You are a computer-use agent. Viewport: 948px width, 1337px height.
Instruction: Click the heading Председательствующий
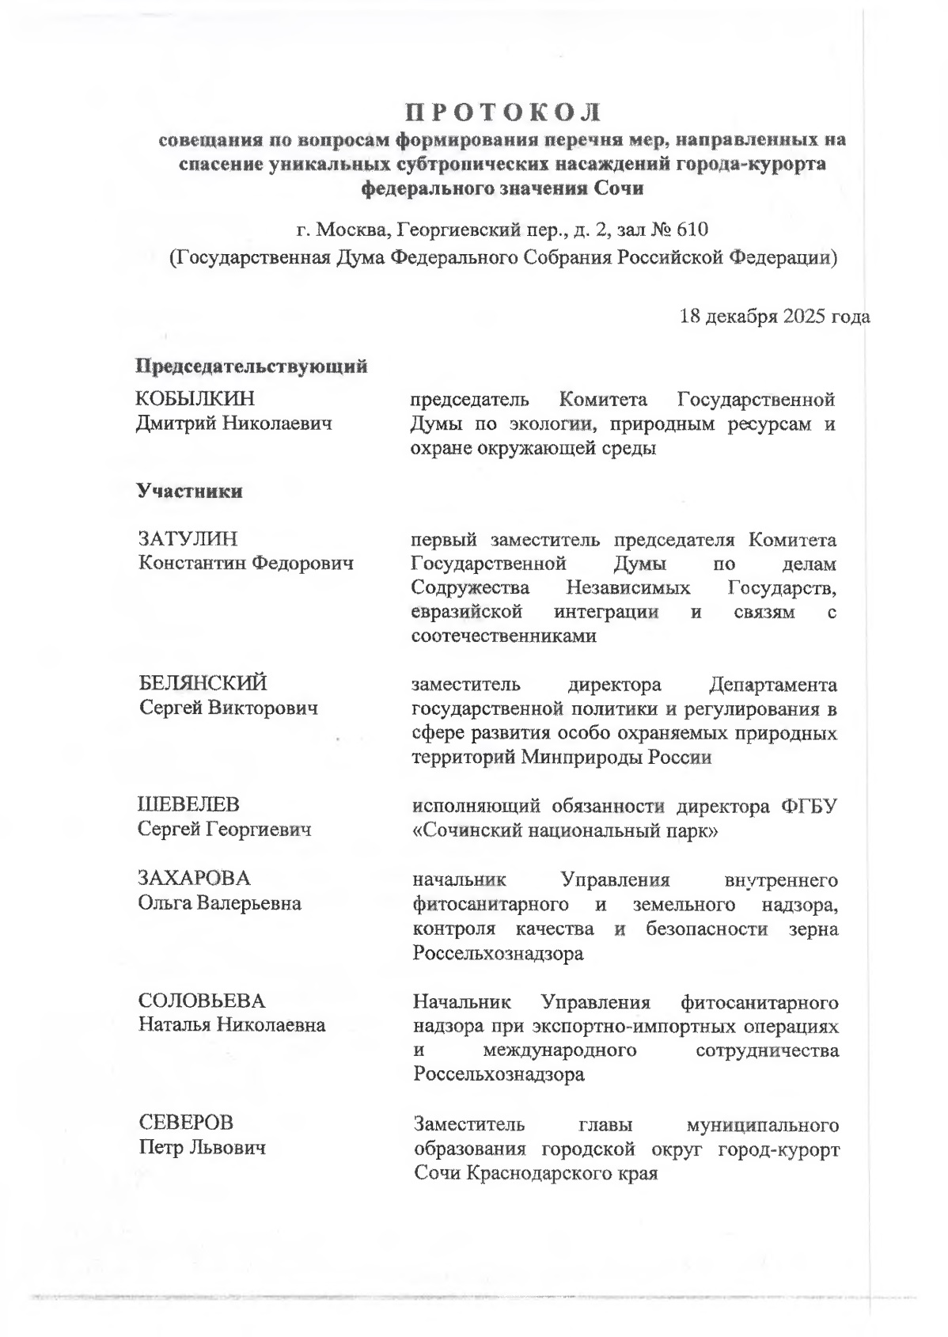coord(252,367)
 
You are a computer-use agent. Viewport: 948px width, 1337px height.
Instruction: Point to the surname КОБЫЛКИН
coord(196,398)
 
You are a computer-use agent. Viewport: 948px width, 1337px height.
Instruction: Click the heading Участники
coord(190,491)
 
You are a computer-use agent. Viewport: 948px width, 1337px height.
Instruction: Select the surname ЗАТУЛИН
coord(188,539)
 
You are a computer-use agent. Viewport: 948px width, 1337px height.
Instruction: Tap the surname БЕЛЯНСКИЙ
coord(203,682)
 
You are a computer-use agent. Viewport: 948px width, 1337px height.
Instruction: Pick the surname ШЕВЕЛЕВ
coord(188,804)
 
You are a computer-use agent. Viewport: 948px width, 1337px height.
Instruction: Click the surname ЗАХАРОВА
coord(194,878)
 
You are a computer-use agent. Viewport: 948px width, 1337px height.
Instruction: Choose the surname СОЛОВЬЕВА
coord(202,1001)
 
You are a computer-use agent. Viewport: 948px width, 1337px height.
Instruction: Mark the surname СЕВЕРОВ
coord(187,1122)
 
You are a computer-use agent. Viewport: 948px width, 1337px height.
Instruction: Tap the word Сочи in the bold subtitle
coord(624,188)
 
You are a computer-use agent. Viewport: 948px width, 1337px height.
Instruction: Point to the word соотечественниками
coord(503,636)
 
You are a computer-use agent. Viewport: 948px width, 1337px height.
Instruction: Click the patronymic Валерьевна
coord(249,902)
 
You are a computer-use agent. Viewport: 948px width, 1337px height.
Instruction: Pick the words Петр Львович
coord(203,1147)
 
